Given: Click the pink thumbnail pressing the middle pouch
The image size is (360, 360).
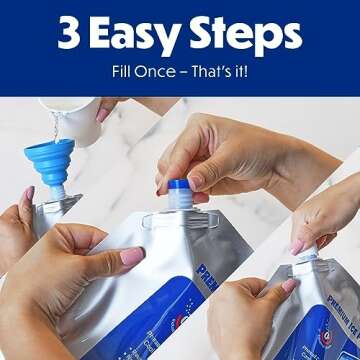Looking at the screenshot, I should [x=132, y=257].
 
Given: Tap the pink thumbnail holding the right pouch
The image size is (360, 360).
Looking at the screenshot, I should [x=289, y=287].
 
